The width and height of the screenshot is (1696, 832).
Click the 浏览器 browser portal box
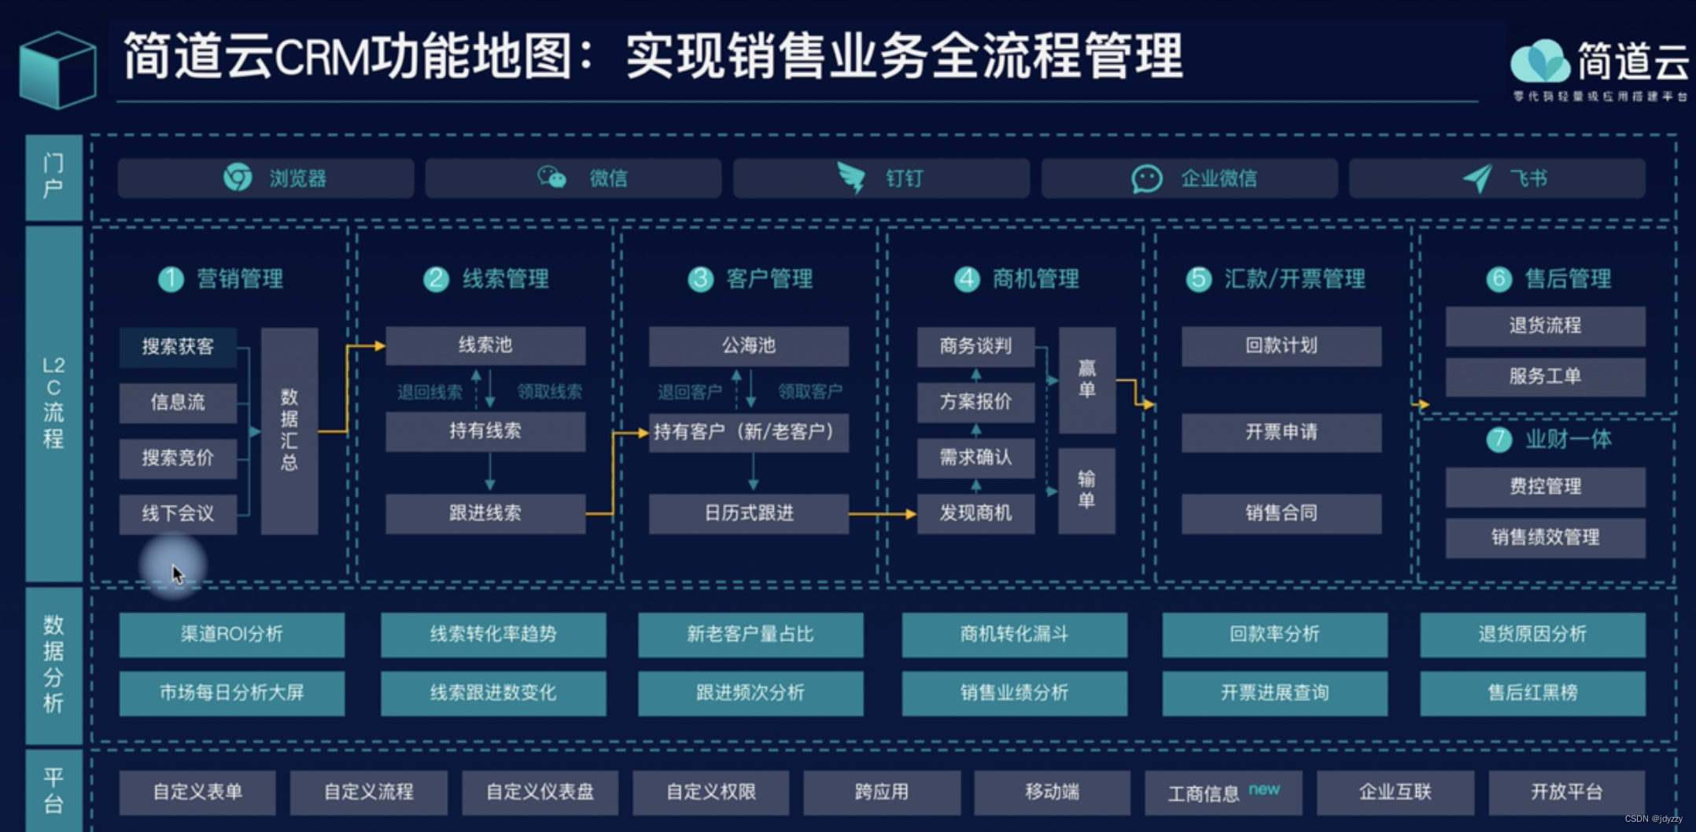pos(266,179)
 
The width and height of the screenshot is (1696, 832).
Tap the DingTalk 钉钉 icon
pos(851,178)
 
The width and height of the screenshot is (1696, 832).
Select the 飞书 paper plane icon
pos(1477,179)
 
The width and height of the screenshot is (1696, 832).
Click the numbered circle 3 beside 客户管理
pos(700,278)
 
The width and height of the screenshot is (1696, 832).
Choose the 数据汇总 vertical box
pos(289,430)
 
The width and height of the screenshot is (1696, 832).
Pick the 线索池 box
pos(485,345)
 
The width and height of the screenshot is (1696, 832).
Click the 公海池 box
pos(749,345)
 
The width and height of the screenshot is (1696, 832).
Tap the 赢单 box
pos(1087,380)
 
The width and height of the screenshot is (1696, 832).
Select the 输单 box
pos(1086,491)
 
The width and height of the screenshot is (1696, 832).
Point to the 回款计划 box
pos(1281,346)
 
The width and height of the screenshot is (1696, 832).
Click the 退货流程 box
pos(1545,326)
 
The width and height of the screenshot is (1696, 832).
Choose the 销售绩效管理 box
pos(1545,538)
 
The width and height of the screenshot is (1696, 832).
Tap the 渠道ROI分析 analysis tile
pos(231,635)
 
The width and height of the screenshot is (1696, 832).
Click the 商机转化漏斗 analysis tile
pos(1014,635)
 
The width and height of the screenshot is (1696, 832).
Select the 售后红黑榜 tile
pos(1532,693)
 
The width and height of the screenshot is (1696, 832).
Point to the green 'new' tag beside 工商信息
pos(1264,789)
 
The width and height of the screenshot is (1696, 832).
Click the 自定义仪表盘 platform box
pos(540,792)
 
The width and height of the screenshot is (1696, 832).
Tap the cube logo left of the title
pos(57,69)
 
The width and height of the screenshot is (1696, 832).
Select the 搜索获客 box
pos(178,347)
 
